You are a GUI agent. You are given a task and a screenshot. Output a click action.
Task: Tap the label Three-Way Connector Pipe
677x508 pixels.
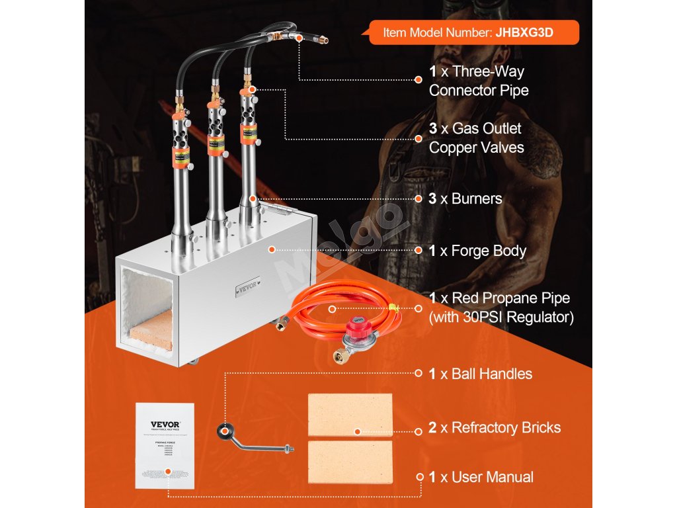[479, 81]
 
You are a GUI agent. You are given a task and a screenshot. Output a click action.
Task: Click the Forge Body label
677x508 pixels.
[488, 251]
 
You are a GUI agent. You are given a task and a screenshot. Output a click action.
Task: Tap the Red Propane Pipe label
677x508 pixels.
[500, 308]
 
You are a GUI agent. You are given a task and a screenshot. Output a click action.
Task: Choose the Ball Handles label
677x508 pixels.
[491, 374]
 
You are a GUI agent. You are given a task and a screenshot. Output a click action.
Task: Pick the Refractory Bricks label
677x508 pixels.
[500, 427]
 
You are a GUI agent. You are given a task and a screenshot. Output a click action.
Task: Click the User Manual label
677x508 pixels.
[492, 477]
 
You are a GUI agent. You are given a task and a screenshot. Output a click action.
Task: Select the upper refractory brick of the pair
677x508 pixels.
[350, 415]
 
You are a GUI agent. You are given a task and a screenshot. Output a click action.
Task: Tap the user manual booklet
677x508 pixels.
[165, 445]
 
